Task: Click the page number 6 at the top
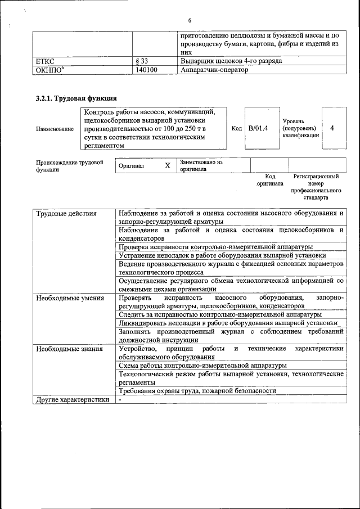[x=190, y=21]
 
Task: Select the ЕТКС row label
[x=47, y=60]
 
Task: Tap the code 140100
[x=146, y=70]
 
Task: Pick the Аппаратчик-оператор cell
[x=214, y=70]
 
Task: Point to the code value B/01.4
[x=258, y=128]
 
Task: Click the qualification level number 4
[x=332, y=128]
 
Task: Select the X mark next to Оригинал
[x=167, y=166]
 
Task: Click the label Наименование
[x=55, y=129]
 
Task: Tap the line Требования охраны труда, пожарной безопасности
[x=197, y=391]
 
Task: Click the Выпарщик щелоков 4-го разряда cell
[x=231, y=60]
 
